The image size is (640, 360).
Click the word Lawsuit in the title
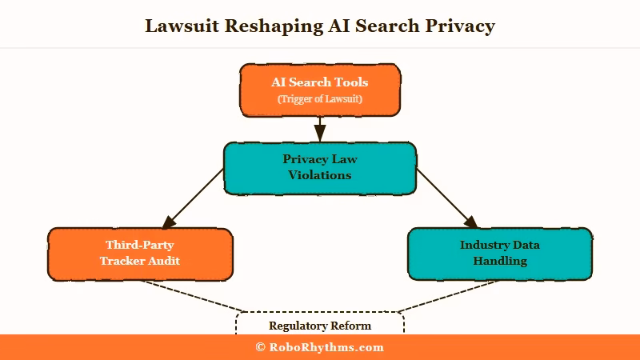[181, 26]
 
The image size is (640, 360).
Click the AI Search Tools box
[320, 90]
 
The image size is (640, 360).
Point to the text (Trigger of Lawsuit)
[320, 99]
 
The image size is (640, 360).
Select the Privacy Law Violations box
[320, 168]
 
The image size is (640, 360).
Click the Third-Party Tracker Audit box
[140, 254]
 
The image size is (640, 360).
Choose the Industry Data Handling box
[500, 254]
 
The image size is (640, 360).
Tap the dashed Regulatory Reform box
[320, 324]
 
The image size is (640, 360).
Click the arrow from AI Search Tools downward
[320, 129]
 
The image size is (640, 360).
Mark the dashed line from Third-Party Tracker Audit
[192, 295]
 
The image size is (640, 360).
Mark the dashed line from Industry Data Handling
[448, 295]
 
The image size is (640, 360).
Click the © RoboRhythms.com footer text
[320, 347]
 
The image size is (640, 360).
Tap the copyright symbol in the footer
[260, 347]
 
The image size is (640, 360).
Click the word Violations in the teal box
[320, 175]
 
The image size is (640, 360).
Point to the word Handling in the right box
[500, 261]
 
